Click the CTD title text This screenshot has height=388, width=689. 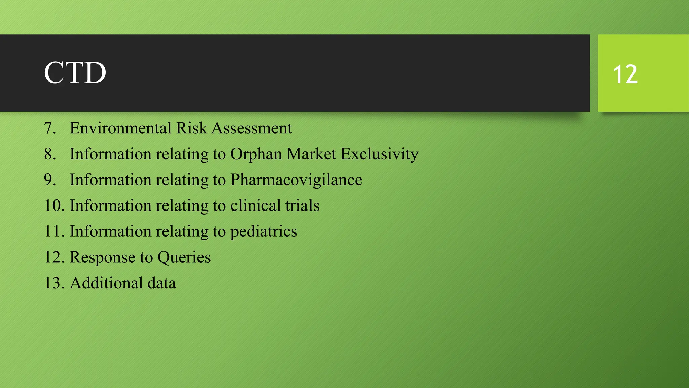[x=75, y=73]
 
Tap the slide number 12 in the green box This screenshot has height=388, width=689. [x=625, y=74]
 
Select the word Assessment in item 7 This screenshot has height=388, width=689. [x=252, y=128]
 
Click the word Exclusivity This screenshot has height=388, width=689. [x=379, y=154]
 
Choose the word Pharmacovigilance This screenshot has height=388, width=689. [x=296, y=180]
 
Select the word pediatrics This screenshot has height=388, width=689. [x=263, y=232]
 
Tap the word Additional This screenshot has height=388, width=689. [x=106, y=283]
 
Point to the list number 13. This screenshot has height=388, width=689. [x=54, y=283]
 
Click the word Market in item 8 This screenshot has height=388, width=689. [x=311, y=154]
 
